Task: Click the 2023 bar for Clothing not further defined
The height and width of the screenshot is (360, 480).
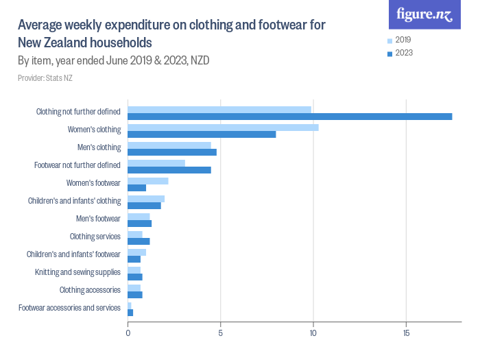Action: (289, 116)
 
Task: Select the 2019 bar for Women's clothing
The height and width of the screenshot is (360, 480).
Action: (223, 127)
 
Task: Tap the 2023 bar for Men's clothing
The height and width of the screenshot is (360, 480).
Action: (172, 152)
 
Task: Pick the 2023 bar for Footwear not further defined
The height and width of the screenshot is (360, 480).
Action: (169, 169)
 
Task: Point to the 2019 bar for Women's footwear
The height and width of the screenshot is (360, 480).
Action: (148, 181)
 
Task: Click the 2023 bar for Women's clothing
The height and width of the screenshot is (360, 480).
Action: (202, 134)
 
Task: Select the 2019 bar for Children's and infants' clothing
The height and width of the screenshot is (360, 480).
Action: (146, 199)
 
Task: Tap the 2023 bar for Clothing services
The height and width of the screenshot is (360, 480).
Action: (139, 241)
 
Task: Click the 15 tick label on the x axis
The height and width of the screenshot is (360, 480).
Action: (406, 333)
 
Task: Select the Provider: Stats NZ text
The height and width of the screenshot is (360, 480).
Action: (45, 78)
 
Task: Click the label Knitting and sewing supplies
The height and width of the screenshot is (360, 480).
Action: (77, 272)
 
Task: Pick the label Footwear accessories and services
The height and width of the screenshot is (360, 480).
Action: (69, 308)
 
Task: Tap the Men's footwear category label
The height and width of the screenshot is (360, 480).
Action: (98, 219)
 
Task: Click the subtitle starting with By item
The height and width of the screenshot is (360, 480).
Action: (113, 60)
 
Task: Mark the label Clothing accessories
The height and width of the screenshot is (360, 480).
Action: (90, 290)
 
